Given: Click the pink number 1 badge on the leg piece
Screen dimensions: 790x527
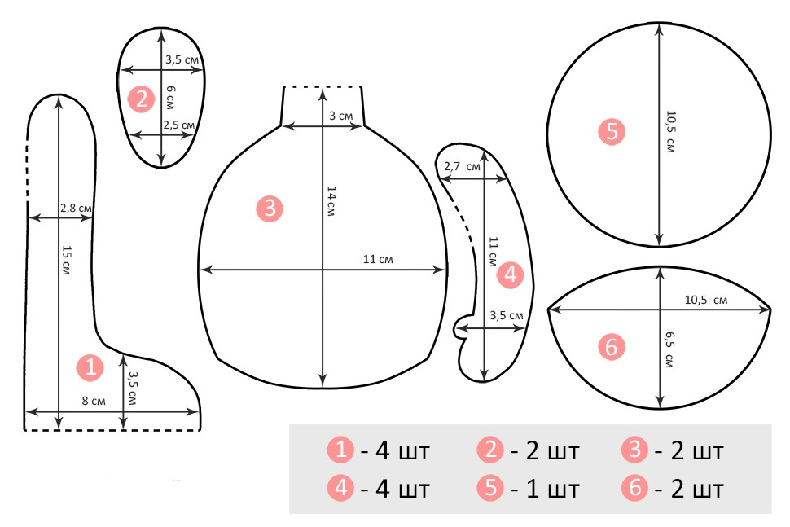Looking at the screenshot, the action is click(90, 367).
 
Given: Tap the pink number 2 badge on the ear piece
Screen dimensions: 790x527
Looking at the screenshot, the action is click(141, 99).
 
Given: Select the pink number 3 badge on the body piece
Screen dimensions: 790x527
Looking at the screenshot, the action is click(270, 208).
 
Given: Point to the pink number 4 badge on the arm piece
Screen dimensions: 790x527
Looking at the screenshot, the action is click(511, 274).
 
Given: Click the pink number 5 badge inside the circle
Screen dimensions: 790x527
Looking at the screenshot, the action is click(612, 131).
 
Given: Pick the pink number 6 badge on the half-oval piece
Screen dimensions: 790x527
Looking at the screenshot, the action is click(611, 347).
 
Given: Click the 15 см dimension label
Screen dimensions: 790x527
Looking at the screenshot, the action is click(66, 260).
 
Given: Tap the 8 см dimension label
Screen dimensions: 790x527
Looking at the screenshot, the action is click(94, 401).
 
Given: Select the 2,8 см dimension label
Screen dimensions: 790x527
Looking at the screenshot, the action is click(76, 208).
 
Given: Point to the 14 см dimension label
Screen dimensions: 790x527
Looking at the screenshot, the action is click(331, 201).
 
